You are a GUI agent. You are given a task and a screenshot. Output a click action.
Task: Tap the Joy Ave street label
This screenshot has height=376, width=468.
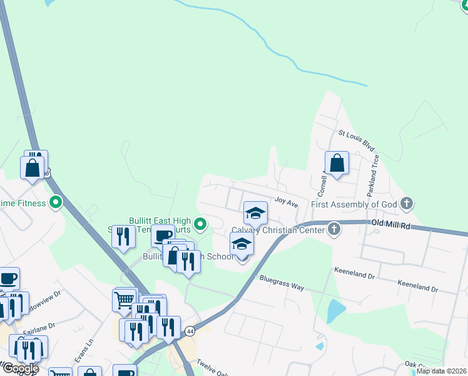coord(285,202)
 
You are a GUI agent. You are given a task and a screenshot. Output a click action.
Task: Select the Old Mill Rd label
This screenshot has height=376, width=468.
coord(390,224)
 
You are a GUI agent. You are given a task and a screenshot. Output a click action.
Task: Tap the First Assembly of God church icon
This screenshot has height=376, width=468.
coord(407,203)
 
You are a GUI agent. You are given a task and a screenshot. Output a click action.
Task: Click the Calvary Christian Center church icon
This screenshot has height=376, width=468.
coord(334,229)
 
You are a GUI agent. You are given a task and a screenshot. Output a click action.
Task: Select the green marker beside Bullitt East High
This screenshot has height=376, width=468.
coord(200,223)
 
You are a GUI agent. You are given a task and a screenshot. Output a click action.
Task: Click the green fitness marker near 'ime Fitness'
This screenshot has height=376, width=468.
coord(56,202)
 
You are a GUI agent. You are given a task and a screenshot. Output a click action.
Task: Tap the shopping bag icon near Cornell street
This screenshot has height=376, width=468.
coord(337,164)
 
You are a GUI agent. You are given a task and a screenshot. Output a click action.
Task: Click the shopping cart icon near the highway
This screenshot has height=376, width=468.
coord(125,299)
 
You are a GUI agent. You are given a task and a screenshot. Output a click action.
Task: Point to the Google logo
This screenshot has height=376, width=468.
coord(20,368)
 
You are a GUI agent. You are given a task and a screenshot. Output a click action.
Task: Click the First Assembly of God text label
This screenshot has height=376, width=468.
coord(354,204)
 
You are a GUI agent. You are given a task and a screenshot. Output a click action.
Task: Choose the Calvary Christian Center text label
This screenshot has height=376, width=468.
coord(278,230)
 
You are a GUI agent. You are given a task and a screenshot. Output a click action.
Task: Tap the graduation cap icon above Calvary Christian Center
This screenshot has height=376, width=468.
coord(255,214)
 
